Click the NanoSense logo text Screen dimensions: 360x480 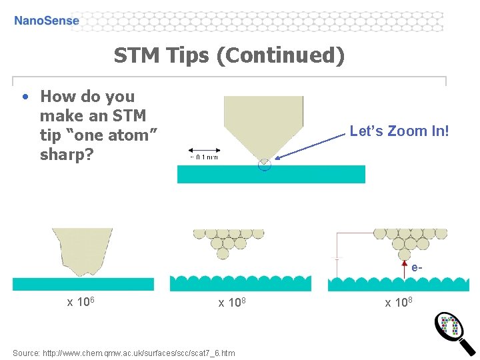click(x=47, y=21)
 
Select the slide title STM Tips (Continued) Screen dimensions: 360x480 click(x=229, y=55)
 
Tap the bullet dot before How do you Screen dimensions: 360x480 click(x=25, y=97)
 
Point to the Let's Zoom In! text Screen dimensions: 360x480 click(x=399, y=131)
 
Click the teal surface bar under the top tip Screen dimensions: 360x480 click(x=271, y=174)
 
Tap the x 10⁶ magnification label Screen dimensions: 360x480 click(x=83, y=302)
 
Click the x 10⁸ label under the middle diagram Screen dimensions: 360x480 click(x=233, y=303)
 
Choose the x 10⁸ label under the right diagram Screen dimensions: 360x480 click(x=399, y=303)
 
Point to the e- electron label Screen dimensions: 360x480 click(x=417, y=268)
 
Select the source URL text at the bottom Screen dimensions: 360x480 click(x=123, y=353)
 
